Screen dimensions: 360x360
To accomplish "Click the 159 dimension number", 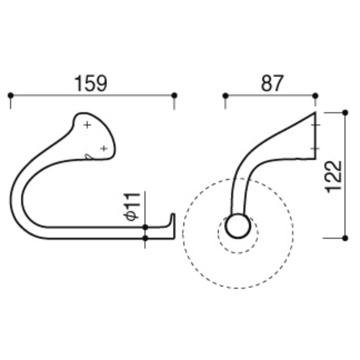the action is click(91, 83).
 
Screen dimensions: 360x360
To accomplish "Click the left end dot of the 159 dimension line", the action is click(10, 95).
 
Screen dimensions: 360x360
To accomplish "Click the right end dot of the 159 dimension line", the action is click(174, 95).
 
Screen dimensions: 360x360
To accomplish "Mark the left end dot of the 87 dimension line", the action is click(226, 95).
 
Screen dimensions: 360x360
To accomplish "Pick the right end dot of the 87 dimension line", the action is click(316, 95).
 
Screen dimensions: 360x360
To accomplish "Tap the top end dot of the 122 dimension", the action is click(345, 113).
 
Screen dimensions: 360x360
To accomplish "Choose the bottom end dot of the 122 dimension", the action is click(345, 238).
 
